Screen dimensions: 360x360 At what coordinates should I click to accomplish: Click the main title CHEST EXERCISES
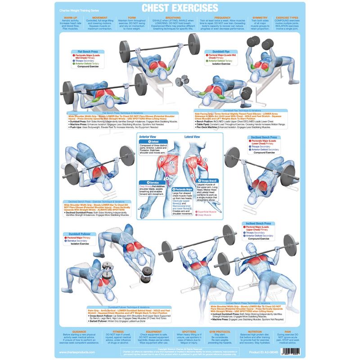tap(180, 8)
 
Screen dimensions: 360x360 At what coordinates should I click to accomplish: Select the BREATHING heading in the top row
tap(173, 18)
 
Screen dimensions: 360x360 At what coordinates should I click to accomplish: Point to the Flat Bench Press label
tap(88, 52)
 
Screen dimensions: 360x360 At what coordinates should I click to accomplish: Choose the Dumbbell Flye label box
tap(219, 52)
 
